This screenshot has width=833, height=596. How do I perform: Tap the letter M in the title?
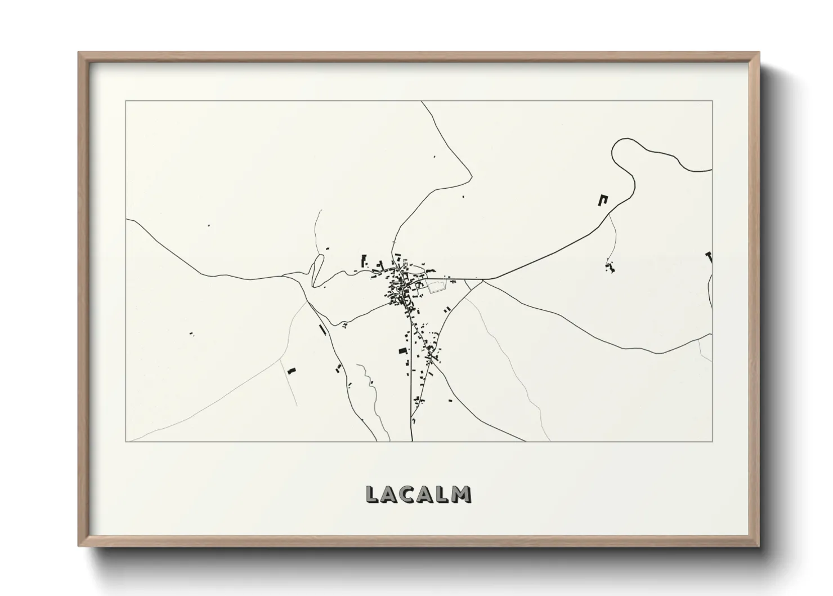point(462,493)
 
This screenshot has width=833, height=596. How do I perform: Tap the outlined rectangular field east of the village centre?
point(436,287)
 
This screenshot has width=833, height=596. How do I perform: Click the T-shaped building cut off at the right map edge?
point(709,257)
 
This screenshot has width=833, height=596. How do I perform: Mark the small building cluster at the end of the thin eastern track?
point(610,267)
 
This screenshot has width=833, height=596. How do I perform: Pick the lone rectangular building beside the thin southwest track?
point(291,371)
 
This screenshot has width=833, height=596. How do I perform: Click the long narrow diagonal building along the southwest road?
point(323,330)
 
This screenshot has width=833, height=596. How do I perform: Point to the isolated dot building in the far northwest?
point(209,225)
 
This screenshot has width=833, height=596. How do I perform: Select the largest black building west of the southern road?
point(402,351)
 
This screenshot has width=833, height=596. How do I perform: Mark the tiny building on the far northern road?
point(434,157)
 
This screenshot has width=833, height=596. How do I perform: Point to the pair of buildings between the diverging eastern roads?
point(447,309)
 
